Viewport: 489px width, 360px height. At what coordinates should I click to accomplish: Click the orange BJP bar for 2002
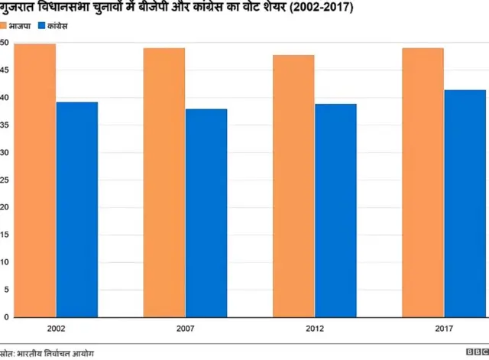click(34, 180)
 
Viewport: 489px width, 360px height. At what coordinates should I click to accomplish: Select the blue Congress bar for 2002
click(76, 209)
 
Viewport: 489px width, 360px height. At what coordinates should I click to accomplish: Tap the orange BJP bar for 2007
click(164, 182)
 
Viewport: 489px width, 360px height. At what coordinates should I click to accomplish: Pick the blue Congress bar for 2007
click(206, 212)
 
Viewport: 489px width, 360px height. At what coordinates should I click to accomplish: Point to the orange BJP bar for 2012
click(293, 186)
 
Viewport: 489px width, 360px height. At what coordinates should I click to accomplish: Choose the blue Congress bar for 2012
click(335, 210)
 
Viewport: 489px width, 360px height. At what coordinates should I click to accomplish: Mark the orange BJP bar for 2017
click(422, 182)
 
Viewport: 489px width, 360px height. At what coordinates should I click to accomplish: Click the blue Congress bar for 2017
click(464, 203)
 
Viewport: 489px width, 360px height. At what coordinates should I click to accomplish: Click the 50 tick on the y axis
click(5, 43)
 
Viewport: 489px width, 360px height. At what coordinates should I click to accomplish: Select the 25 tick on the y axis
click(5, 180)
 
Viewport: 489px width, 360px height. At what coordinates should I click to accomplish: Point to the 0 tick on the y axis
click(6, 316)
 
